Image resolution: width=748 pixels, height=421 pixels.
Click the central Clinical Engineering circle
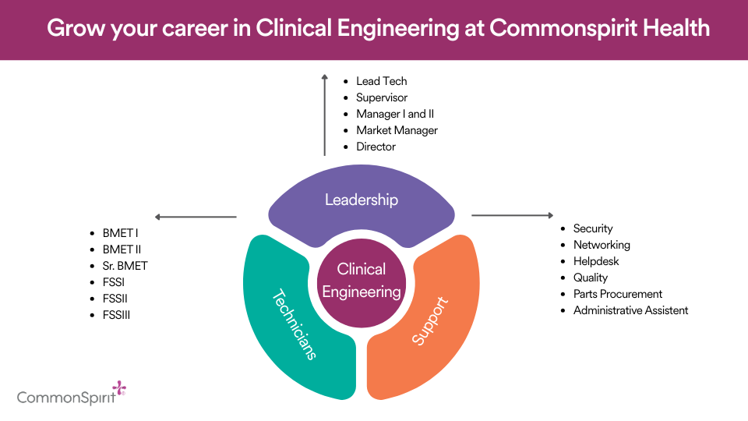tap(362, 281)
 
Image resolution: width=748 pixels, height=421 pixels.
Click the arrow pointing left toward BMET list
tap(196, 217)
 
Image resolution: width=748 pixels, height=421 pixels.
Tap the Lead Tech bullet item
tap(381, 81)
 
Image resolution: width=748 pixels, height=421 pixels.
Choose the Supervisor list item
tap(382, 97)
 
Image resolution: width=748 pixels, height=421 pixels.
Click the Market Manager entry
tap(397, 130)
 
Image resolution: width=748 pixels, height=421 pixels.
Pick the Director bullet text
tap(376, 147)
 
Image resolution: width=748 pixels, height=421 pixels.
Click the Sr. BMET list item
tap(125, 266)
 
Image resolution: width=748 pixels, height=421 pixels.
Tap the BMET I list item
tap(120, 233)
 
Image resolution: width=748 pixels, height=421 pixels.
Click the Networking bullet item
tap(602, 245)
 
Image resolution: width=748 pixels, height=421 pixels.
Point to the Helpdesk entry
tap(596, 261)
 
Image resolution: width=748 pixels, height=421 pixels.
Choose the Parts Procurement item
tap(617, 294)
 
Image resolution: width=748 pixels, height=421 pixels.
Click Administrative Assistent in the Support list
tap(630, 310)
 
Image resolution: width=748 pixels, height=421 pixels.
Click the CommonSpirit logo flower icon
tap(118, 388)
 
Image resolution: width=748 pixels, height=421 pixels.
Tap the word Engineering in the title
tap(393, 29)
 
